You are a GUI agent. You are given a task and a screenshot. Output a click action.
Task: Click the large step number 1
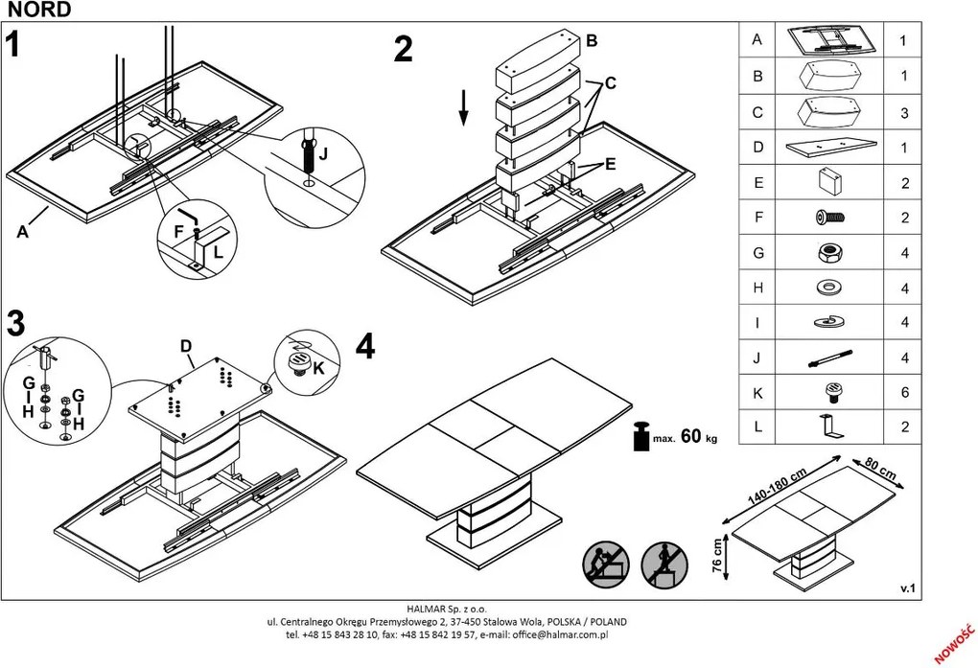(x=12, y=45)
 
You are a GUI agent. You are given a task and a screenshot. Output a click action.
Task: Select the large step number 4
(x=364, y=346)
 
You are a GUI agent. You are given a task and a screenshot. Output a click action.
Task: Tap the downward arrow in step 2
(x=463, y=106)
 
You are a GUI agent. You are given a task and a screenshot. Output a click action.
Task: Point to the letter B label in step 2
(x=592, y=40)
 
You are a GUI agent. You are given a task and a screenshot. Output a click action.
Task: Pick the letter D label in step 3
(x=186, y=345)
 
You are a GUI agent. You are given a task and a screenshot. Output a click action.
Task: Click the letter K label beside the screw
(x=319, y=367)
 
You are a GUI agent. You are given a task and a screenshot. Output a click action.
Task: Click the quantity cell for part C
(x=903, y=112)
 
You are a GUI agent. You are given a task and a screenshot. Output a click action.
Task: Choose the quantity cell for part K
(x=903, y=392)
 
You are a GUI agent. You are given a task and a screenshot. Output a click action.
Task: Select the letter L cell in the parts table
(x=757, y=426)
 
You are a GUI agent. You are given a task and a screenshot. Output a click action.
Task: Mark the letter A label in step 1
(x=22, y=231)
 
